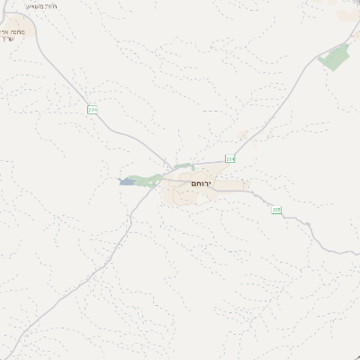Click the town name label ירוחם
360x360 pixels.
201,183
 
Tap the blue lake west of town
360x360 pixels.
126,182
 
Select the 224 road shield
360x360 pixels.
92,110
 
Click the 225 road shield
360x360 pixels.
276,210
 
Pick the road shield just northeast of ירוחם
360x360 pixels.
229,159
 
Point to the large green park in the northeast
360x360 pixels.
335,58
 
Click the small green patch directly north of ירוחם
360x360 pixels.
184,166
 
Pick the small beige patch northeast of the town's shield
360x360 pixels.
242,136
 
